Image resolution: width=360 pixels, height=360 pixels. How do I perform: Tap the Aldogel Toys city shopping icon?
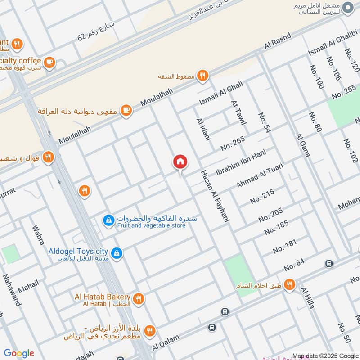pyautogui.click(x=117, y=253)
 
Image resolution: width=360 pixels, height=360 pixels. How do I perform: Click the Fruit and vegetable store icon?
pyautogui.click(x=108, y=220)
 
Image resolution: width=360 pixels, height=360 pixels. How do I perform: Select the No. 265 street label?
pyautogui.click(x=233, y=143)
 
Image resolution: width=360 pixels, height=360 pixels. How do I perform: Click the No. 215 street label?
pyautogui.click(x=262, y=196)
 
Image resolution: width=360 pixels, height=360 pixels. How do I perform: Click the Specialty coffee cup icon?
pyautogui.click(x=49, y=63)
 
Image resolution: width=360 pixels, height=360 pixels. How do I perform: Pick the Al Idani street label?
pyautogui.click(x=203, y=130)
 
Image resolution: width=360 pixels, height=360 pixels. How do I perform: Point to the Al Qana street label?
pyautogui.click(x=302, y=145)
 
